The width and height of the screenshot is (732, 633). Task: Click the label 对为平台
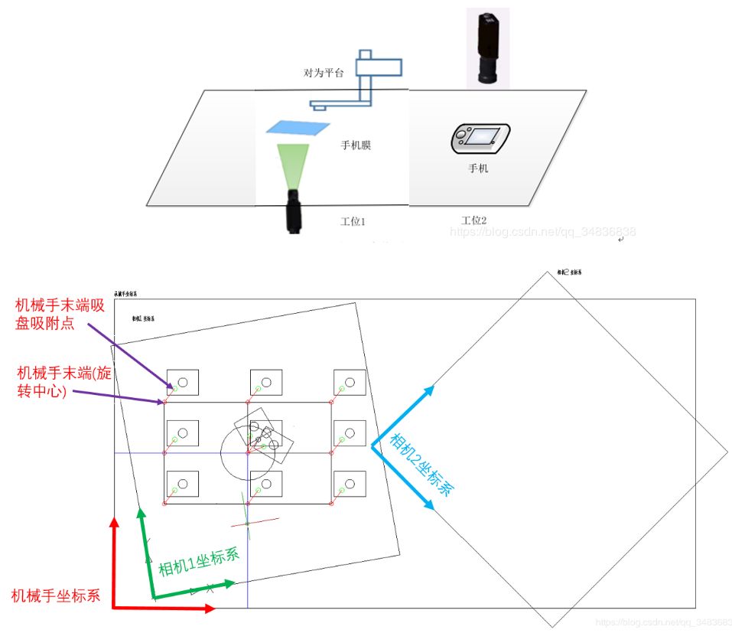pos(324,73)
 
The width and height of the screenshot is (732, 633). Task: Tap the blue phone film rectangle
pos(299,129)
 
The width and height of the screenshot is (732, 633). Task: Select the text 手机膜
pos(356,145)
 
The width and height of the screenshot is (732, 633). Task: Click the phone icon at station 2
pos(479,139)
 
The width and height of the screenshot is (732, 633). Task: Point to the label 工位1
pos(353,221)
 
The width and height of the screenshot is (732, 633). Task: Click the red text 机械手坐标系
pos(56,595)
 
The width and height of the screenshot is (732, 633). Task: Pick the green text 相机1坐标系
pos(198,563)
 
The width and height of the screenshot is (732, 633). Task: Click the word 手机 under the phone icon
pos(478,168)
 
